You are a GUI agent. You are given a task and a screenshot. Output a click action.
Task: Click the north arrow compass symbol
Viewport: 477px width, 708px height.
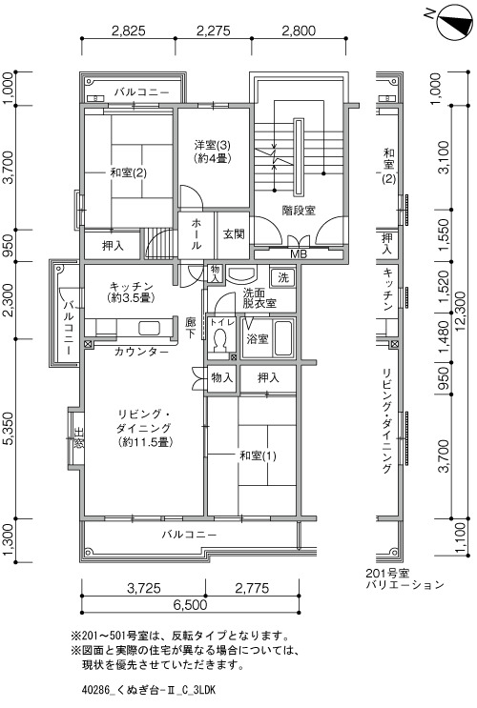tap(454, 20)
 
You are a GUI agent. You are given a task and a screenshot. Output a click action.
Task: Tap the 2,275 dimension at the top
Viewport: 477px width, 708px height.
tap(213, 30)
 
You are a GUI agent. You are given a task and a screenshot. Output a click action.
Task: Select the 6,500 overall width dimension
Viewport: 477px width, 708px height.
tap(190, 604)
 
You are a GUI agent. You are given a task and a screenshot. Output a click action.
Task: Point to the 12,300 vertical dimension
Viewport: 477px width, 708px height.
tap(460, 312)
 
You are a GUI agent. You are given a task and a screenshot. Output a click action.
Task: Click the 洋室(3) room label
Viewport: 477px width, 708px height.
tap(213, 145)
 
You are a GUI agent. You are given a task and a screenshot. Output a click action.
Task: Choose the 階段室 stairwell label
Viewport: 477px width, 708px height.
tap(299, 210)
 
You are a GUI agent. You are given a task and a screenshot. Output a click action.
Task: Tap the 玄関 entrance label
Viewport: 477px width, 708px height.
tap(234, 233)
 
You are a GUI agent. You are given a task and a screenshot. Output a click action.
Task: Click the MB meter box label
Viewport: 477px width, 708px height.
tap(299, 254)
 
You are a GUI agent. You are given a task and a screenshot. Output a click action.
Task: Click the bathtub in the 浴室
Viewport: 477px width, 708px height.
tap(283, 338)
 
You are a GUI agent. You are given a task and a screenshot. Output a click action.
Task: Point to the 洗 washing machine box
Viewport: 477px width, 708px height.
tap(283, 276)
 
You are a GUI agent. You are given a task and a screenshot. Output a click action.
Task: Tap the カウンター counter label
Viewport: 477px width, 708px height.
tap(141, 352)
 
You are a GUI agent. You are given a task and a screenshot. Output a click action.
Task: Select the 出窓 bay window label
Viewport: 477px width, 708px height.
tap(78, 438)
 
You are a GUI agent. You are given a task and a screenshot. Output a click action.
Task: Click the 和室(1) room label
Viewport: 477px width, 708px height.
tap(258, 455)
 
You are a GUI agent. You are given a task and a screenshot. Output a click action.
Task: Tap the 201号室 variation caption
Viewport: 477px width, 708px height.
tap(387, 573)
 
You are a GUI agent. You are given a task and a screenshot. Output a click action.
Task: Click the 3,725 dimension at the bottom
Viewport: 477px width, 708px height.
tap(144, 588)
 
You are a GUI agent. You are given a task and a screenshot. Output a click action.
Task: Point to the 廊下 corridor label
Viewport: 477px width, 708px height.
tap(191, 328)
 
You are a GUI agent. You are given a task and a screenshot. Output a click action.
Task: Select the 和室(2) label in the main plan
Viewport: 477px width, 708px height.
tap(129, 172)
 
